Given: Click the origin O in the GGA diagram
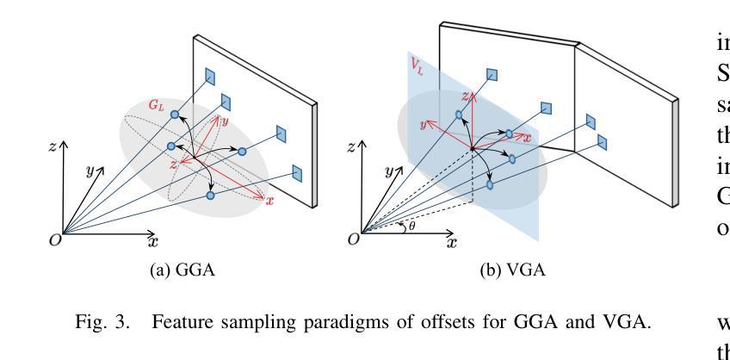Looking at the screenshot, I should [x=54, y=240].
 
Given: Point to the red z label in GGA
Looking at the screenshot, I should [x=173, y=162].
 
